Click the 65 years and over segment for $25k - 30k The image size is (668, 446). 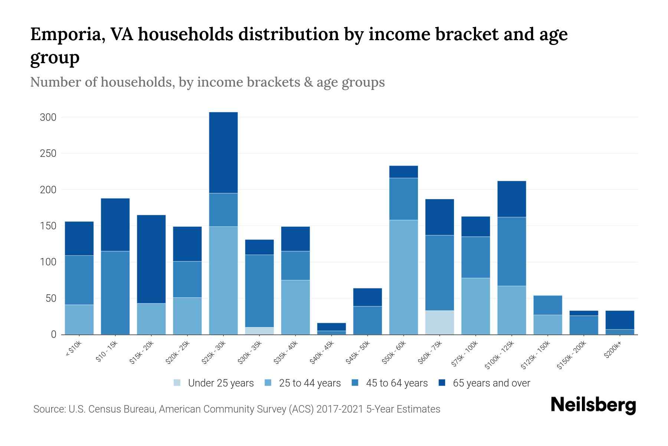click(x=223, y=152)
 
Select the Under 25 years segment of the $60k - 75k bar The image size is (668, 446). click(x=439, y=322)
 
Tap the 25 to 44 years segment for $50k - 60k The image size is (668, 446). click(x=403, y=277)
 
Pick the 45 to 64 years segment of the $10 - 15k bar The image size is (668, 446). click(x=115, y=293)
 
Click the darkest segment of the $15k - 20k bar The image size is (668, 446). click(x=151, y=259)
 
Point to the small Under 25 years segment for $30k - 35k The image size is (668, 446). click(x=259, y=330)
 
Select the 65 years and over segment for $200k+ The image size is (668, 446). click(x=620, y=320)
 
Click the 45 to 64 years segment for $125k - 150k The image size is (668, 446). click(x=547, y=305)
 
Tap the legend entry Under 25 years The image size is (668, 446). click(x=220, y=383)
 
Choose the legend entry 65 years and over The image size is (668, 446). click(x=491, y=383)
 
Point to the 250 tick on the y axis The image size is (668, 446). click(x=48, y=153)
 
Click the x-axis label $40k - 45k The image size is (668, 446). click(x=322, y=353)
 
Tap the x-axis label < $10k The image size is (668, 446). click(x=73, y=350)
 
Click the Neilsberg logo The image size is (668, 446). click(x=593, y=405)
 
